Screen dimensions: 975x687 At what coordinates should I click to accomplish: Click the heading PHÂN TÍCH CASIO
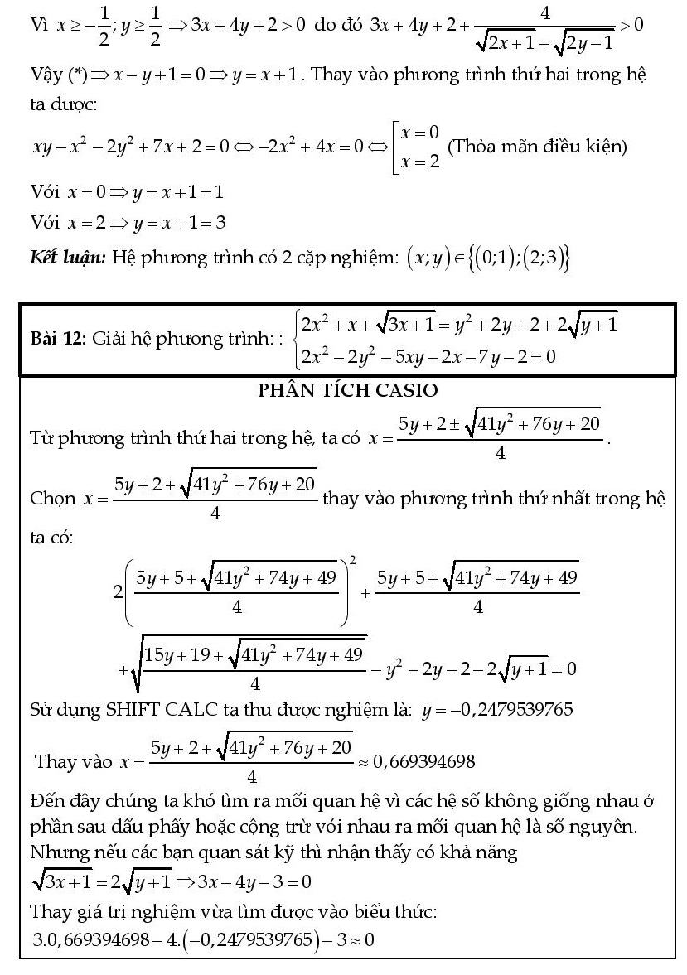pos(347,389)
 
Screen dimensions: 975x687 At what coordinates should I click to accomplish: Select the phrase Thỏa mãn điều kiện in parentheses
pos(537,147)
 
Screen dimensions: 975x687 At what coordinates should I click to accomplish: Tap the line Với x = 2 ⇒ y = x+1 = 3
pos(128,223)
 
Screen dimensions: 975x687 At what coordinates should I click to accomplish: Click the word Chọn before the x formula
pos(53,499)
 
